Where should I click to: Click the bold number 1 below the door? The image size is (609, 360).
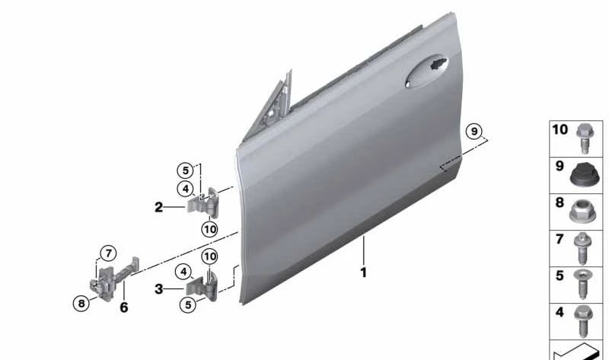pyautogui.click(x=364, y=272)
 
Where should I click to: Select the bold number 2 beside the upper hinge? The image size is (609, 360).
pyautogui.click(x=158, y=207)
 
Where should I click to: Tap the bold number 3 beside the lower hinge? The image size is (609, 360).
pyautogui.click(x=158, y=289)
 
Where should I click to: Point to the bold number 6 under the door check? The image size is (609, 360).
pyautogui.click(x=123, y=307)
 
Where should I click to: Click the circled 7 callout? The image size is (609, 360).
pyautogui.click(x=108, y=253)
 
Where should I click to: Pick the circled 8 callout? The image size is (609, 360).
pyautogui.click(x=81, y=303)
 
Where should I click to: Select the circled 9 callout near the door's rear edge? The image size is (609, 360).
pyautogui.click(x=473, y=131)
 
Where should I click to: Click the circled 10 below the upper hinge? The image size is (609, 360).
pyautogui.click(x=210, y=229)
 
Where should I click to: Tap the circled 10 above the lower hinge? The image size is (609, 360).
pyautogui.click(x=210, y=256)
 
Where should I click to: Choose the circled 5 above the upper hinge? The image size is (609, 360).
pyautogui.click(x=185, y=170)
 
